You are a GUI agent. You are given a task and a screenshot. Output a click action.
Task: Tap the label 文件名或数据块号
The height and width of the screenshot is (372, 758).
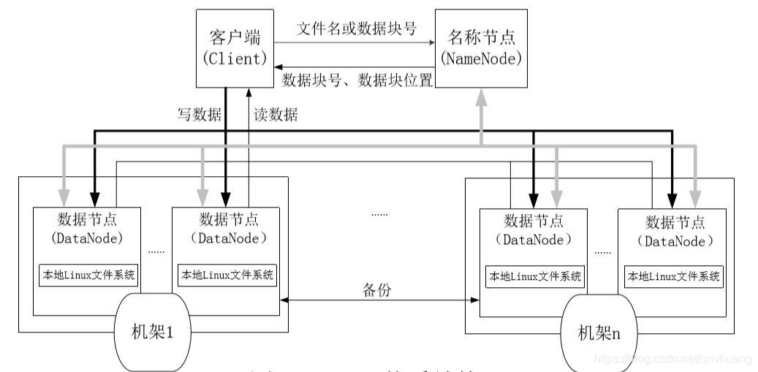[x=357, y=29]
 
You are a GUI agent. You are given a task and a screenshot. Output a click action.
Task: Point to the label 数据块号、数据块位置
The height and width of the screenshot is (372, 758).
[x=357, y=80]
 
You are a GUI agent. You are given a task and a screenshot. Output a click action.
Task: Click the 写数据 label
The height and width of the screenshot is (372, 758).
[x=200, y=114]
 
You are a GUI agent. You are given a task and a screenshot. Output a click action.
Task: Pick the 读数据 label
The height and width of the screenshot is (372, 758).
[x=276, y=114]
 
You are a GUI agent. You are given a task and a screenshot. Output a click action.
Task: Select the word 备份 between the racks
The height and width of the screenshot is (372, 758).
[x=377, y=289]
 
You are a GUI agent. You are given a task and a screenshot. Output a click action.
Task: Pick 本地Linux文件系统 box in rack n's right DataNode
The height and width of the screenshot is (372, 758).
[x=673, y=277]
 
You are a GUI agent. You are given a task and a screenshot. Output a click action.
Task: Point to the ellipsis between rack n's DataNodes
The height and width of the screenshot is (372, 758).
[x=602, y=252]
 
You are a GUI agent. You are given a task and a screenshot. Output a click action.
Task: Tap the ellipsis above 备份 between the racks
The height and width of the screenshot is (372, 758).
[x=379, y=214]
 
